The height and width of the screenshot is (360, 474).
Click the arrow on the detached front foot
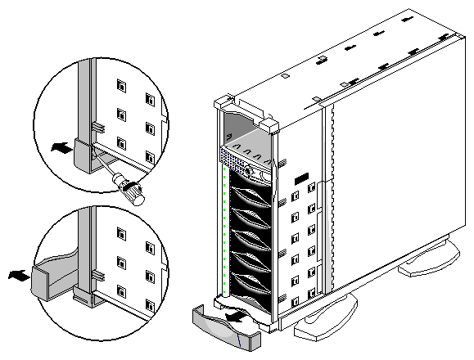point(236,312)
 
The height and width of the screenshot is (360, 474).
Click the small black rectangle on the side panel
point(300,176)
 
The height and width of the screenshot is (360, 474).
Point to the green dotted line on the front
point(224,229)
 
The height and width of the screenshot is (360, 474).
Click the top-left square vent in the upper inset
point(120,84)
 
